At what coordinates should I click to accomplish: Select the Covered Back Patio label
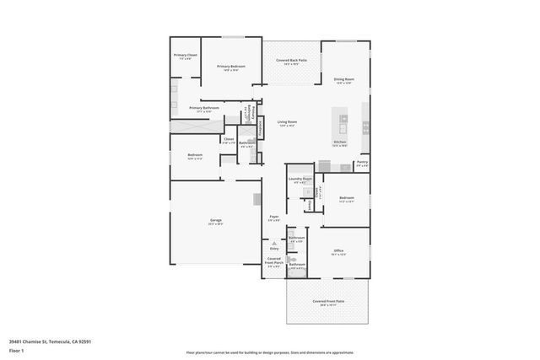point(291,62)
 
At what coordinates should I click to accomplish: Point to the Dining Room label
point(344,81)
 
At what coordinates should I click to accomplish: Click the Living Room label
point(287,123)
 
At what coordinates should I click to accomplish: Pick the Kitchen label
point(340,143)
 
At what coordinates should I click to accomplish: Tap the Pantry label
point(362,163)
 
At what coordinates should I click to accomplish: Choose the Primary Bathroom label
point(204,109)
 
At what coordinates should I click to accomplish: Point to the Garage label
point(216,222)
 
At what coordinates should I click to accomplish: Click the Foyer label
point(274,218)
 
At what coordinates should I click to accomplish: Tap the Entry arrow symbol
point(274,243)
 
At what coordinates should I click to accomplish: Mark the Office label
point(338,251)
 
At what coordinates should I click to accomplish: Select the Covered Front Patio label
point(328,302)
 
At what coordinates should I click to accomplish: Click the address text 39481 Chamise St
point(50,341)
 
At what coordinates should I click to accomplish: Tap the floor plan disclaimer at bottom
point(270,352)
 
